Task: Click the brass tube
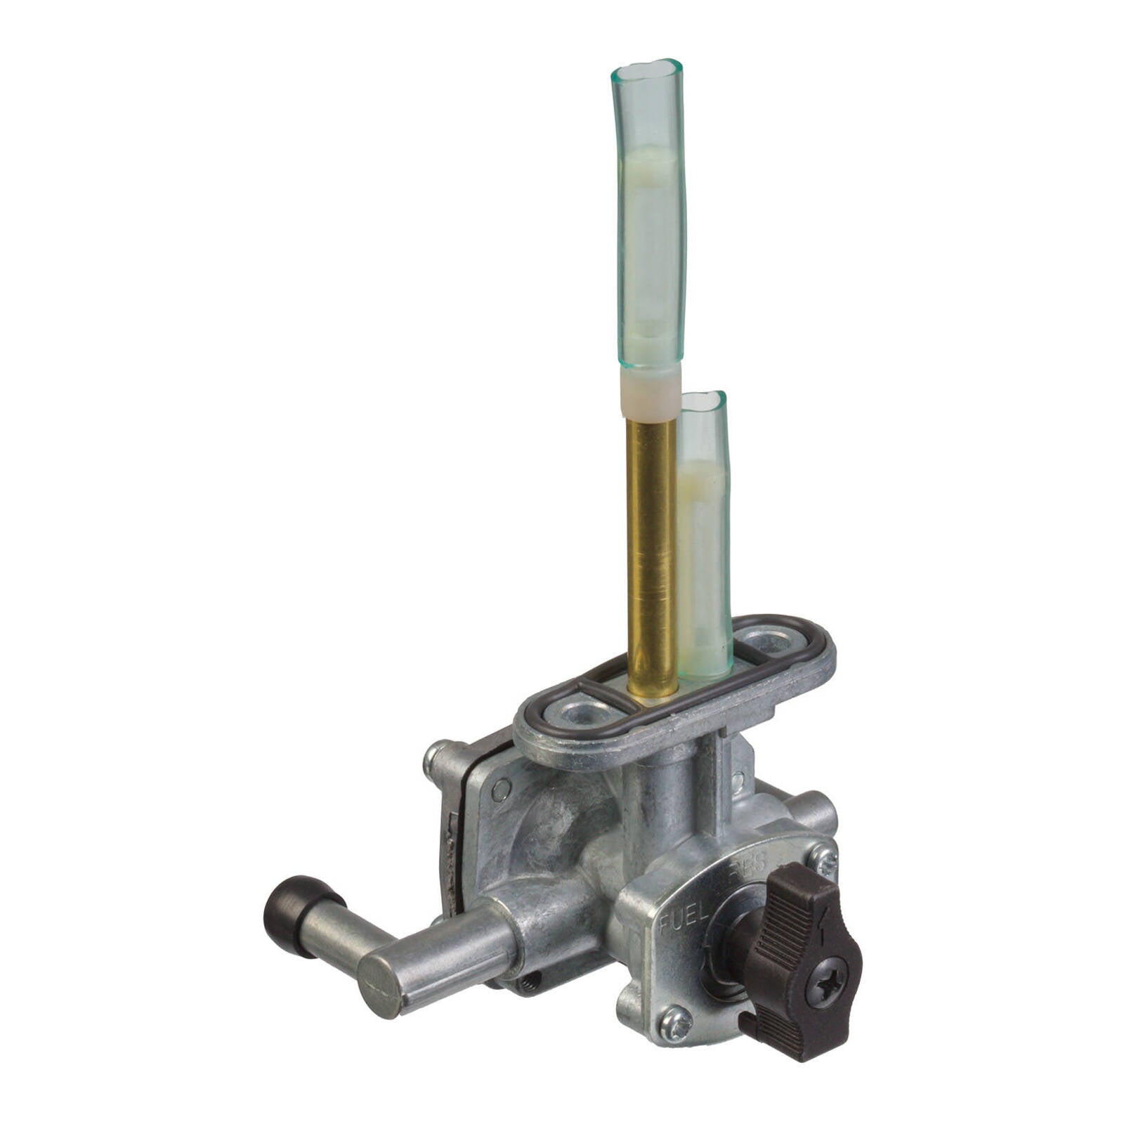[x=652, y=548]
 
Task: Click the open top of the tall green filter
[x=646, y=70]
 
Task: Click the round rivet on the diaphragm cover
[x=501, y=790]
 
